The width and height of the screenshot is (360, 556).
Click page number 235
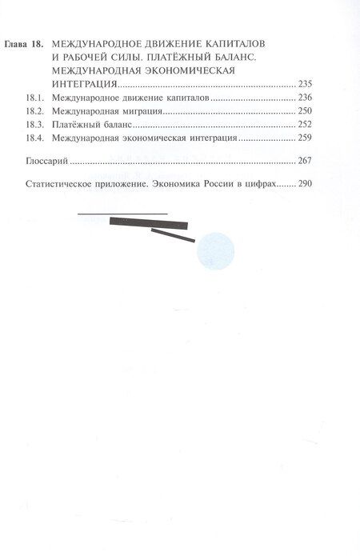pos(305,83)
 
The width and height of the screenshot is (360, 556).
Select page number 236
pos(305,98)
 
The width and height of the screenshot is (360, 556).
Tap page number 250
pos(305,112)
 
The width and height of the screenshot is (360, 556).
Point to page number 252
pos(305,126)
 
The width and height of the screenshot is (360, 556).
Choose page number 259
pos(305,141)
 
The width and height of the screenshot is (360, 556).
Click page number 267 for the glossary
pos(305,162)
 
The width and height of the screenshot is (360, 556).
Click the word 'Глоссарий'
pos(45,162)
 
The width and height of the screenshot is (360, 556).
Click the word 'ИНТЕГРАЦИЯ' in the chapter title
pos(83,83)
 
